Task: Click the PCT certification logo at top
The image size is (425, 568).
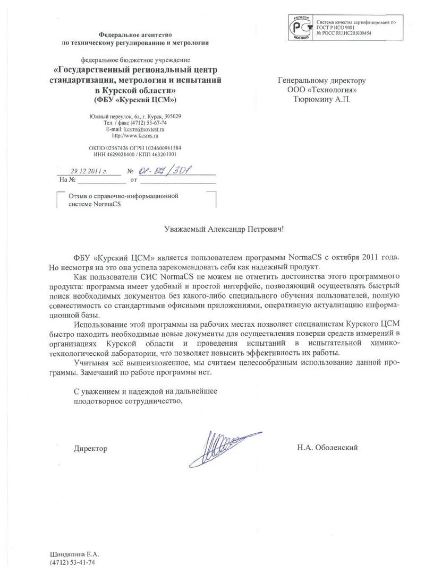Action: pos(300,27)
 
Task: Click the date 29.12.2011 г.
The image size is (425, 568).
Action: pos(89,171)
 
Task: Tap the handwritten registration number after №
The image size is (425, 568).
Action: pos(165,170)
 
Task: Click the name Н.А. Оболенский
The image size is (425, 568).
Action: pos(328,448)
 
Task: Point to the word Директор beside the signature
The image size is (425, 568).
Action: pos(90,449)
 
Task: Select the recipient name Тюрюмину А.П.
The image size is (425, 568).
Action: pos(322,99)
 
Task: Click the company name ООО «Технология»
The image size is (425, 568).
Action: pos(322,90)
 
